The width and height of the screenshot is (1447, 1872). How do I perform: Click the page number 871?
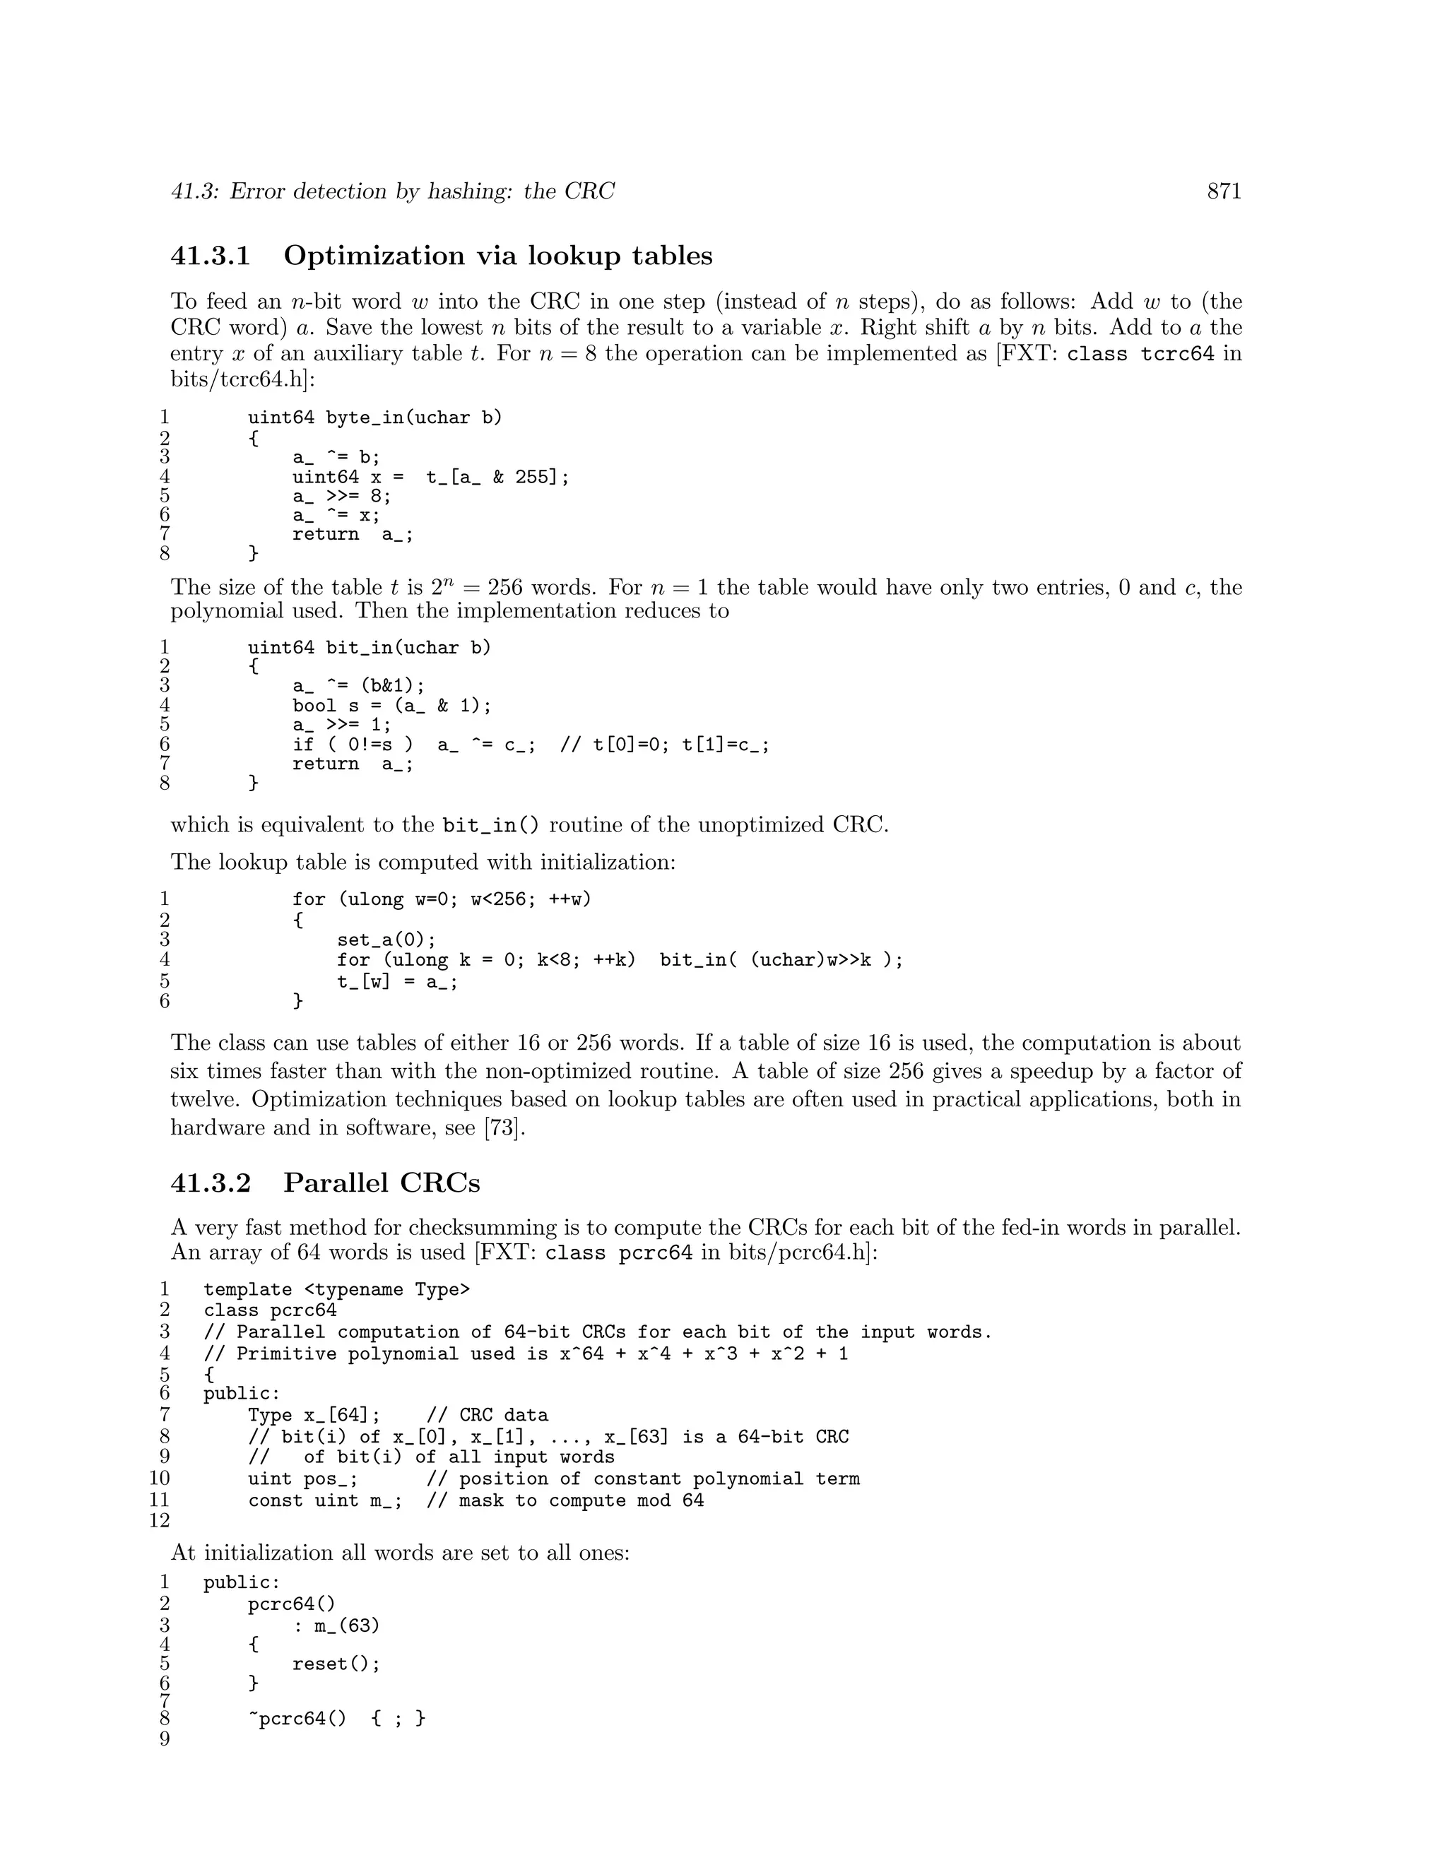coord(1223,191)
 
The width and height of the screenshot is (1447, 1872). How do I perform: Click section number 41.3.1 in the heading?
coord(211,256)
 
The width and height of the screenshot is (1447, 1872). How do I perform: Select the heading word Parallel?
coord(329,1183)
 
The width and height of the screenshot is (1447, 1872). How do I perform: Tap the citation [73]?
coord(503,1127)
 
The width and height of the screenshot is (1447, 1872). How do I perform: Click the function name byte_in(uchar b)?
coord(414,417)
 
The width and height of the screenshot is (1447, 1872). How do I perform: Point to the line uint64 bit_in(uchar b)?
coord(370,647)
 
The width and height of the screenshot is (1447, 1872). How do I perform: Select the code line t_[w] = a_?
coord(397,981)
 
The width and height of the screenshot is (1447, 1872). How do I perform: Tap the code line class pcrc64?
coord(270,1310)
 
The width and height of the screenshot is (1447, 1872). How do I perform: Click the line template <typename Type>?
coord(337,1290)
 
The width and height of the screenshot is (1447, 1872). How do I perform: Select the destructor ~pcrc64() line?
coord(337,1718)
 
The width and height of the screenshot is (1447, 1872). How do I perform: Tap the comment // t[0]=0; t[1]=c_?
coord(664,745)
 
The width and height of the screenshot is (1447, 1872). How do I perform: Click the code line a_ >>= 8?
coord(341,497)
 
